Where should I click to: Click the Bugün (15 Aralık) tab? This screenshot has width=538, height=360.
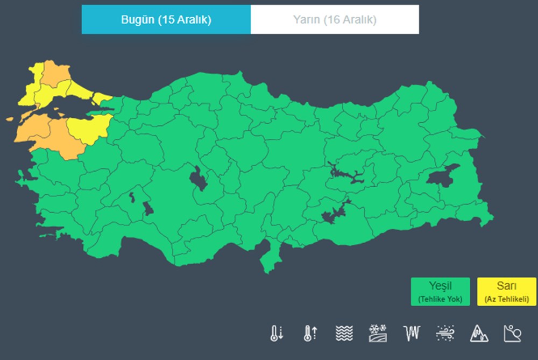(166, 20)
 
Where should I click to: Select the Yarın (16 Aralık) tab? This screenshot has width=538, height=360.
(335, 20)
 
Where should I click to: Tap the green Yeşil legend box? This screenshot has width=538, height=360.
(440, 292)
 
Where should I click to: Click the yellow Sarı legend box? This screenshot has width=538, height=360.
(506, 292)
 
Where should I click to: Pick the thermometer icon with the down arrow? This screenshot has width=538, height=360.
(276, 334)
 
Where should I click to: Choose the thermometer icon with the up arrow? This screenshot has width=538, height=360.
(309, 334)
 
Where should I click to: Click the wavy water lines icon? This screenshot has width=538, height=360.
(344, 334)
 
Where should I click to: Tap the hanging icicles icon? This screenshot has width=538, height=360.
(411, 334)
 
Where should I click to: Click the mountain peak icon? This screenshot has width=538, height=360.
(478, 334)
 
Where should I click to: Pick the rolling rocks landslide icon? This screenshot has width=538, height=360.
(512, 334)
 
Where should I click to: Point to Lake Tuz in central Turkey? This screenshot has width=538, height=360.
(199, 179)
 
